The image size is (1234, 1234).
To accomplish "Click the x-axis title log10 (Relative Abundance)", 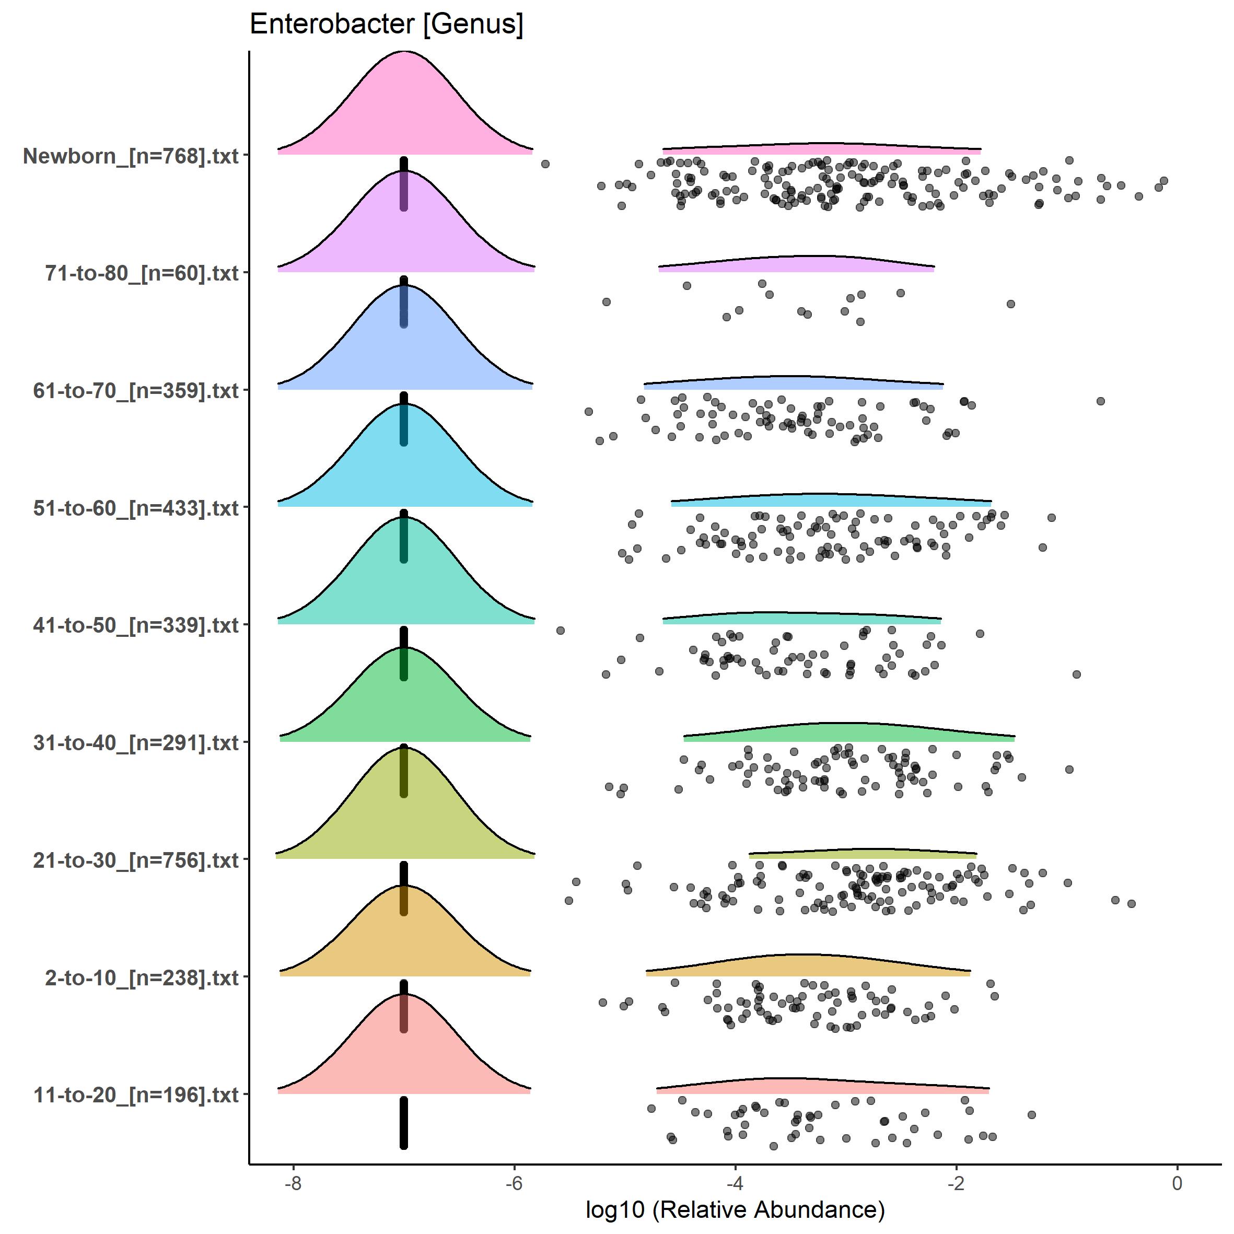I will coord(735,1209).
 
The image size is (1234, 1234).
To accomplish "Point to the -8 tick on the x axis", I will coord(293,1183).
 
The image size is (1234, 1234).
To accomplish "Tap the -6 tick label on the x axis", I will coord(514,1183).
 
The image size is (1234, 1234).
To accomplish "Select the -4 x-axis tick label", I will coord(735,1183).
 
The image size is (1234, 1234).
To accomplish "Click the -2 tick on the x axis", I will coord(956,1183).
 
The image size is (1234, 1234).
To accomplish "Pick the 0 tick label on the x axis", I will coord(1177,1183).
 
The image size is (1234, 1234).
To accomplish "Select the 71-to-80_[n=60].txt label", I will coord(141,273).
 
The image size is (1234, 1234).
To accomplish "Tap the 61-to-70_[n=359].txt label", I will coord(135,390).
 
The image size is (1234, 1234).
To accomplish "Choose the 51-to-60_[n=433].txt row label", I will coord(135,508).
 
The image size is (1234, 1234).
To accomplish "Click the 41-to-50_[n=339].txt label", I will coord(135,625).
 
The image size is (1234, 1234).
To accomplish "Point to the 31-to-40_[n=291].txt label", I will coord(135,743).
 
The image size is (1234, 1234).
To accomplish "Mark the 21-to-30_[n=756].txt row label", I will coord(135,860).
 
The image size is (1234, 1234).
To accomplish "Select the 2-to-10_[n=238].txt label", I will coord(141,978).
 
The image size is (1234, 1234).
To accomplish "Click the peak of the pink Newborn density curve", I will coord(404,52).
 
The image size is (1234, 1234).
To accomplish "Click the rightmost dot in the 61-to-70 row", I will coord(1100,401).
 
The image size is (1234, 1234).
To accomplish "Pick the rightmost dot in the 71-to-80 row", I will coord(1010,304).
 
